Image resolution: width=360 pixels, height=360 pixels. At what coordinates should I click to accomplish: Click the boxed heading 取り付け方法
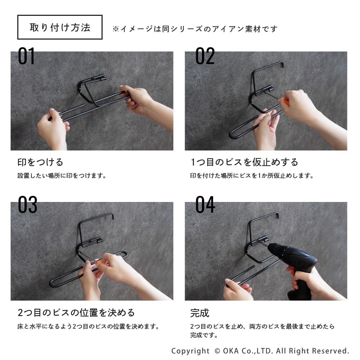click(x=60, y=27)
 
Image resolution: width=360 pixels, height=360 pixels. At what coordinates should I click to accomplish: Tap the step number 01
click(x=26, y=56)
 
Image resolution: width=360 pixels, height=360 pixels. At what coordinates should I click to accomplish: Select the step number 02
click(x=205, y=56)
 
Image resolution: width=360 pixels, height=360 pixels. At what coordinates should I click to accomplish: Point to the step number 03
click(x=28, y=204)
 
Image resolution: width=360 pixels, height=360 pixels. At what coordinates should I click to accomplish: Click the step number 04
click(x=205, y=204)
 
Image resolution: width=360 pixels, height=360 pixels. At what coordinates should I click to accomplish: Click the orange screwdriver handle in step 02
click(x=285, y=101)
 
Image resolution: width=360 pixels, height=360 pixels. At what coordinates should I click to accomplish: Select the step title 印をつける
click(x=40, y=162)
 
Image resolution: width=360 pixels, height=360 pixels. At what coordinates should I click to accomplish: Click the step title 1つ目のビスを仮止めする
click(x=244, y=162)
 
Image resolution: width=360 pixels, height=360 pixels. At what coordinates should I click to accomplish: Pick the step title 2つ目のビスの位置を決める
click(x=76, y=313)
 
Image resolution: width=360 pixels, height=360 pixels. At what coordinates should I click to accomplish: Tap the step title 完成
click(x=200, y=313)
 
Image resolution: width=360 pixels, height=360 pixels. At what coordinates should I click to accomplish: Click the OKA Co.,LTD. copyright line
click(x=260, y=351)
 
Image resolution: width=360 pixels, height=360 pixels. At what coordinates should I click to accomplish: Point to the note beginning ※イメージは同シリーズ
click(x=195, y=29)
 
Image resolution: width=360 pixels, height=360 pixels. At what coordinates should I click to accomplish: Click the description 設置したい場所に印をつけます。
click(x=62, y=176)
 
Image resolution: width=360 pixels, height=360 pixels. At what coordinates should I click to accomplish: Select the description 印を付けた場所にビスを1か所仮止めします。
click(x=252, y=176)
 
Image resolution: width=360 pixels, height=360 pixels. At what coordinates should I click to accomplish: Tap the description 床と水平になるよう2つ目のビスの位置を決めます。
click(x=89, y=326)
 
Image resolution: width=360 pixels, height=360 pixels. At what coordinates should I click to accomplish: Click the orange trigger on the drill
click(x=292, y=270)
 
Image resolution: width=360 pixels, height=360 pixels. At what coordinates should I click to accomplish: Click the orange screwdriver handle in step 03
click(x=99, y=262)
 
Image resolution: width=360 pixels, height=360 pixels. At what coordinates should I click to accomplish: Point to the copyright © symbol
click(x=217, y=351)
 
